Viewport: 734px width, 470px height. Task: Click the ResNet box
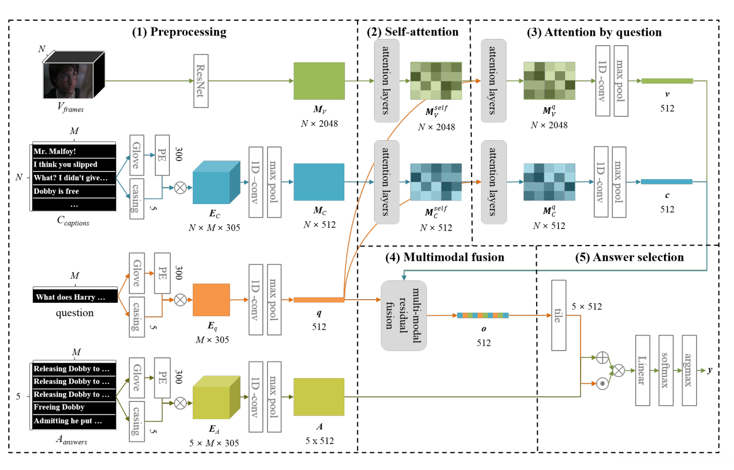(201, 81)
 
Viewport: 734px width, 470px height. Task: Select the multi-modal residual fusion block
(404, 315)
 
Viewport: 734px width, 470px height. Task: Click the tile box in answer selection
(558, 315)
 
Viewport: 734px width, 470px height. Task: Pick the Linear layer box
(643, 370)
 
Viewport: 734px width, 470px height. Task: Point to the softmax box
(665, 370)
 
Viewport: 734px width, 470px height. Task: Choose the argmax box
(689, 370)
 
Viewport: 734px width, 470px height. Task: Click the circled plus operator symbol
(602, 357)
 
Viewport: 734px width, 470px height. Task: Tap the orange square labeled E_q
(211, 300)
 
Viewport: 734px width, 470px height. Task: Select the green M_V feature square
(319, 81)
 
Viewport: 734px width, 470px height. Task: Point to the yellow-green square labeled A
(319, 397)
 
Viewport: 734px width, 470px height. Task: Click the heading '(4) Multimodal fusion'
(445, 258)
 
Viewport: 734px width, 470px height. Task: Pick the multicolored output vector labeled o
(483, 315)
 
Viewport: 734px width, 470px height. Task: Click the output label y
(710, 370)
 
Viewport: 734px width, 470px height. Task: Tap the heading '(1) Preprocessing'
(179, 32)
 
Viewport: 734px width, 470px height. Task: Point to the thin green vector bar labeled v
(667, 81)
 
